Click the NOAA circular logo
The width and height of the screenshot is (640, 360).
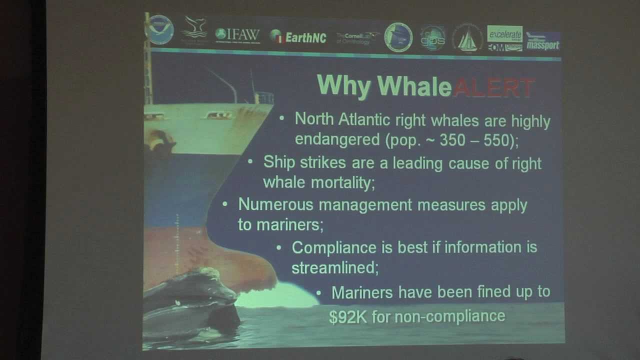click(x=160, y=30)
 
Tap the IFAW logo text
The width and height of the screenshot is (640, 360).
click(x=237, y=35)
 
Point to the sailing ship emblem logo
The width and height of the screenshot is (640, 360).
click(x=467, y=38)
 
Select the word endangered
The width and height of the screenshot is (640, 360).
click(x=337, y=139)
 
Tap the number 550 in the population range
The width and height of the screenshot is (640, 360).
click(x=496, y=140)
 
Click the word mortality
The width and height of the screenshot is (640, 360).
click(x=342, y=183)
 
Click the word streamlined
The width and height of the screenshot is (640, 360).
click(x=334, y=267)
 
